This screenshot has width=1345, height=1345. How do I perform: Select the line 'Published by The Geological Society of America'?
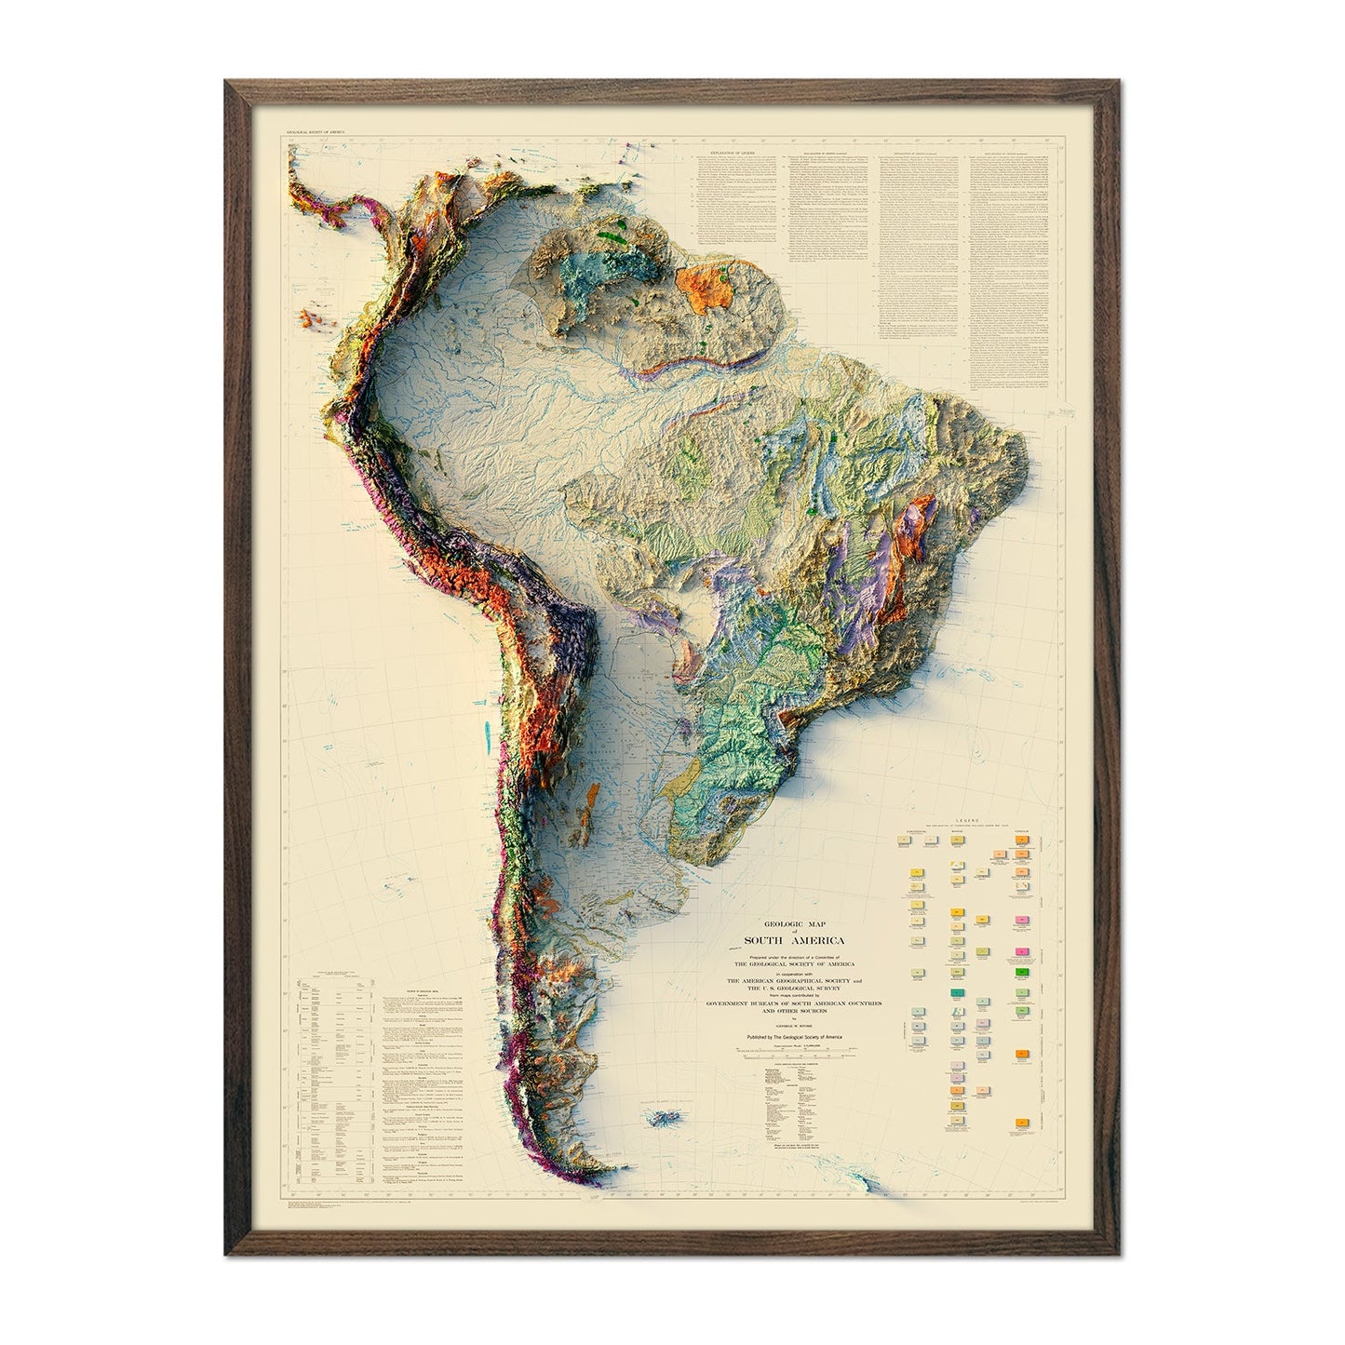coord(798,1034)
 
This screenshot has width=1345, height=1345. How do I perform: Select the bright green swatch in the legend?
coord(1023,972)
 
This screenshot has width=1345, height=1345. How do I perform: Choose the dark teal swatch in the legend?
coord(956,993)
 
